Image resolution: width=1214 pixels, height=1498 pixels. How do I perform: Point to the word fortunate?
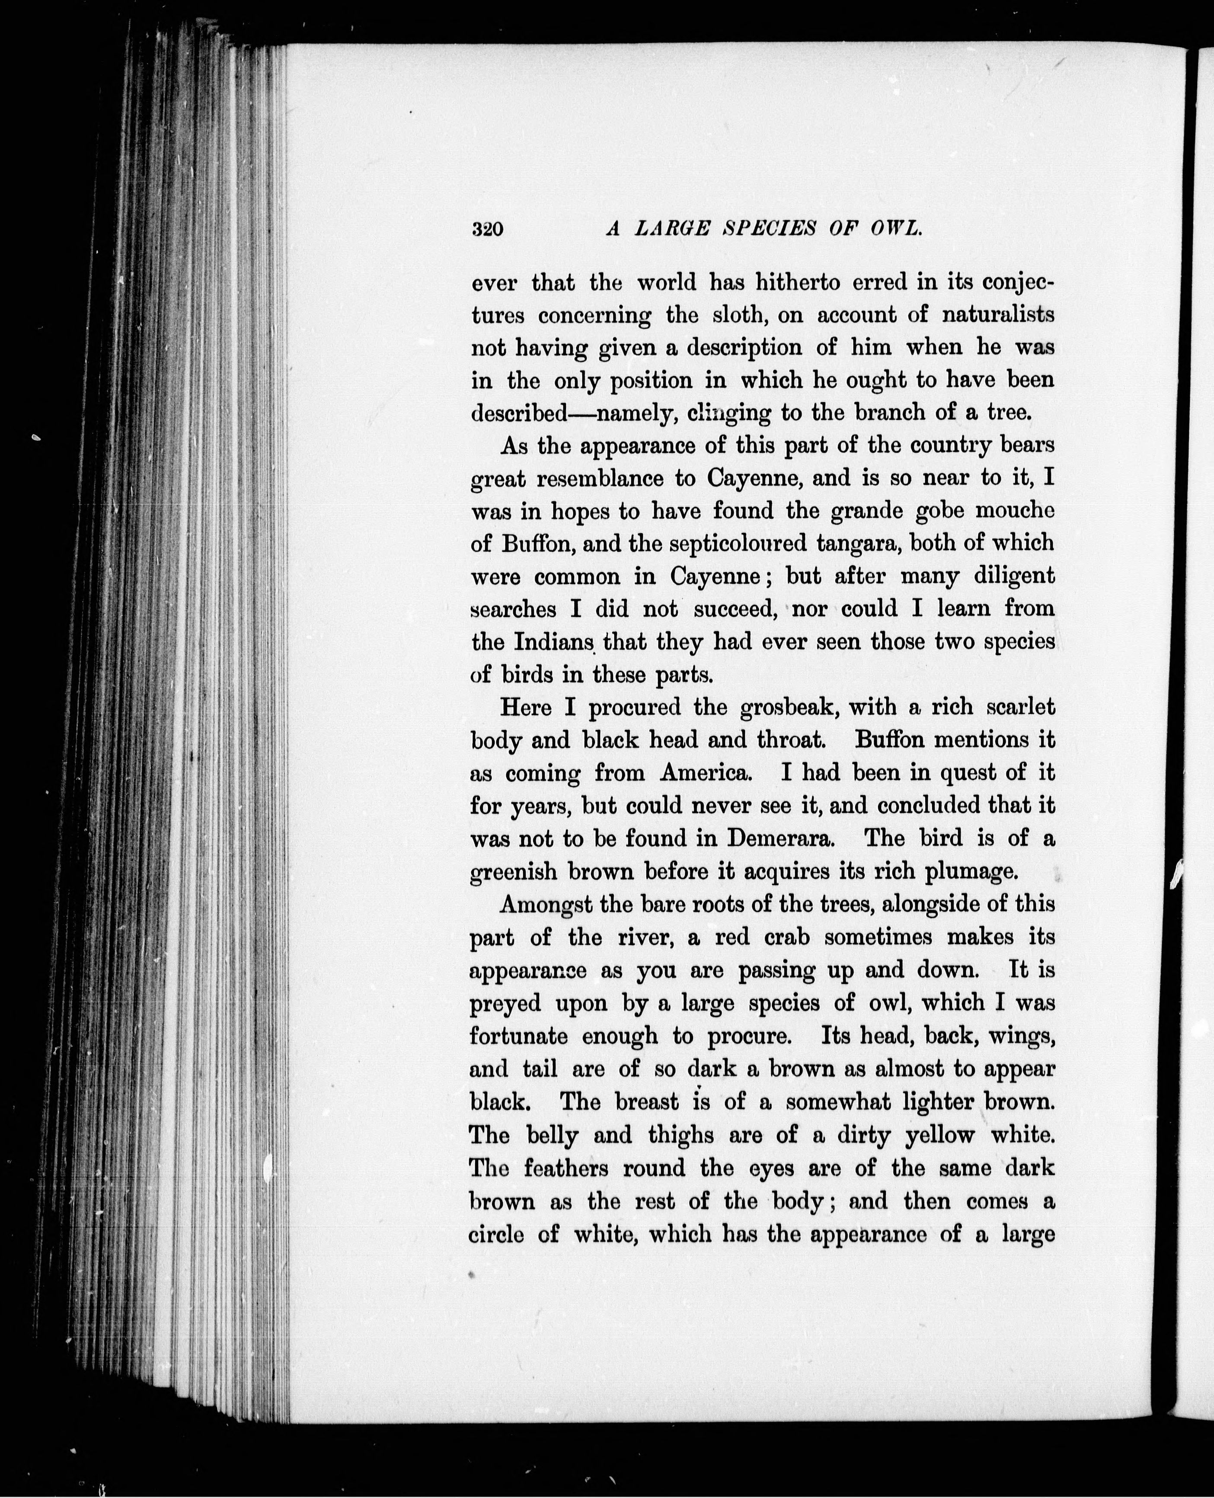518,1036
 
